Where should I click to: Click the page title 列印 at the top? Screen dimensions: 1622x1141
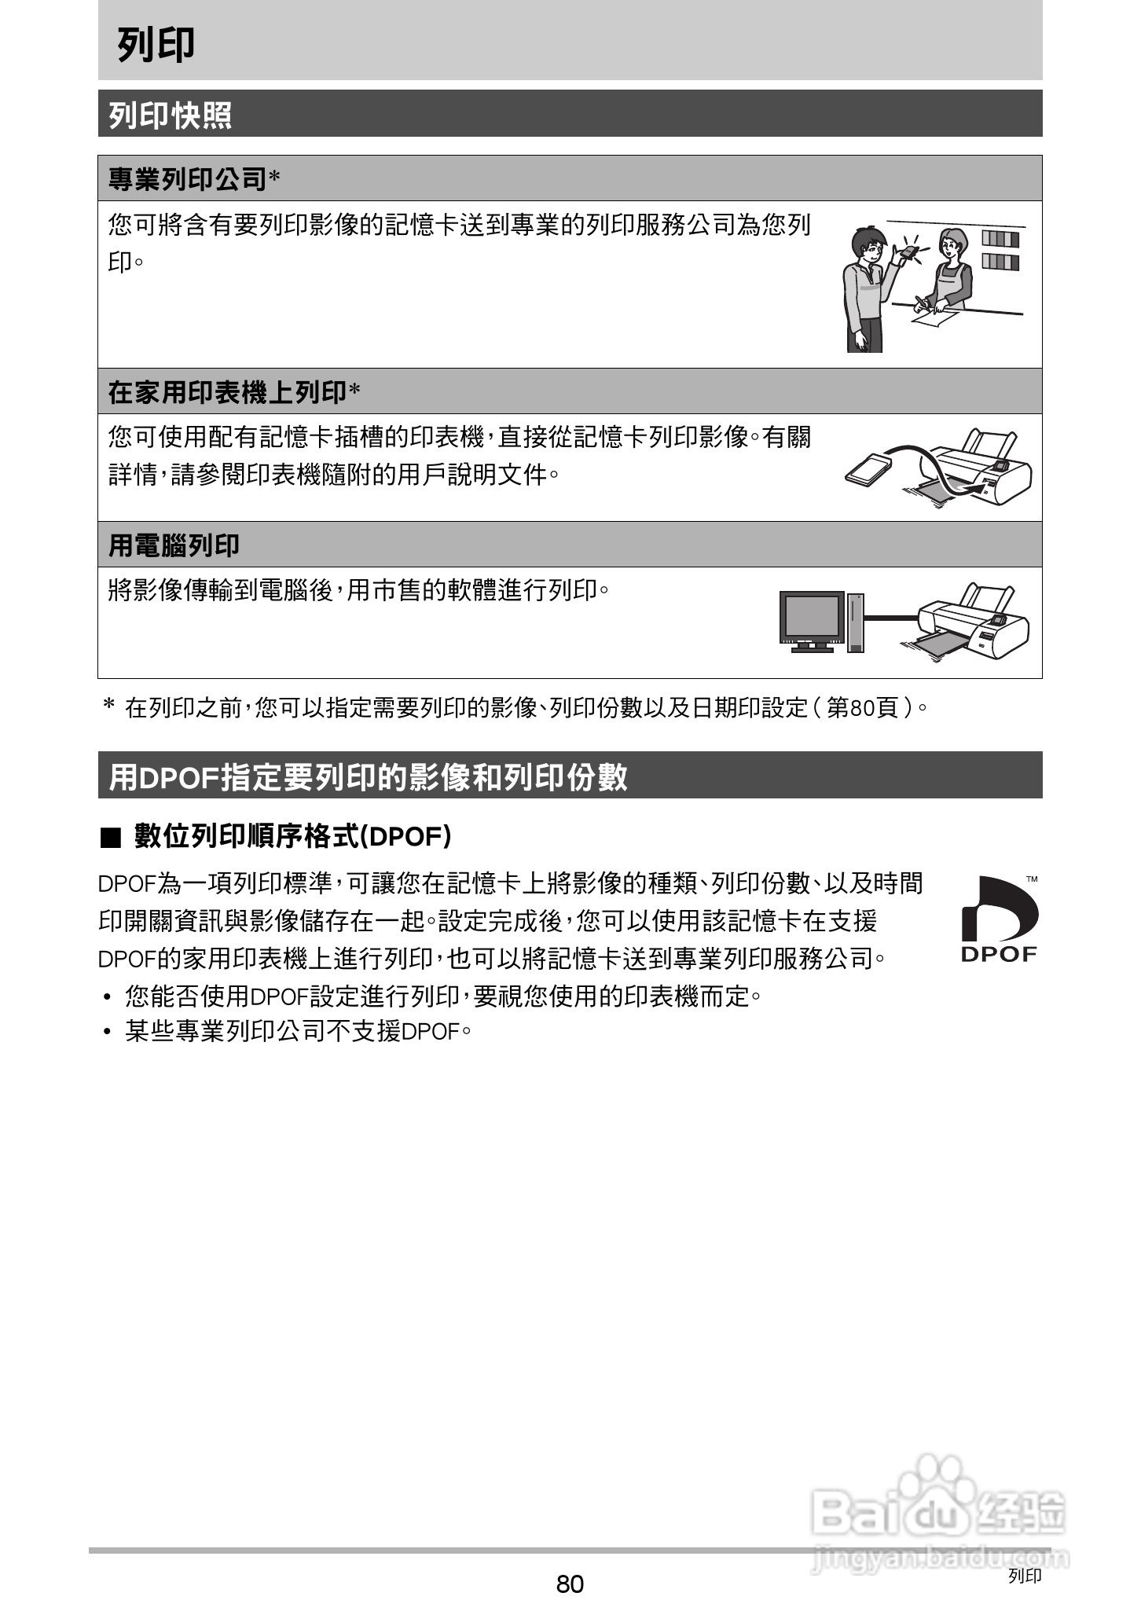click(x=156, y=45)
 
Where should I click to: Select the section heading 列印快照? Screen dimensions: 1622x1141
click(x=170, y=116)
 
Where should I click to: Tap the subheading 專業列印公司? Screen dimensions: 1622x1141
click(x=188, y=179)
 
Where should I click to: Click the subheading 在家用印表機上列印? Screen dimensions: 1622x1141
click(x=227, y=392)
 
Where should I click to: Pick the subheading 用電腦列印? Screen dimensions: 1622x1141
click(x=174, y=545)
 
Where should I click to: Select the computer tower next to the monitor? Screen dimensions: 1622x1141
click(x=856, y=622)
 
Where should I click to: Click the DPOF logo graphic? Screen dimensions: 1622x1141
click(x=999, y=919)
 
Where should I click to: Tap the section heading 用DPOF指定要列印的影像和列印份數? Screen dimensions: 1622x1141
click(x=368, y=776)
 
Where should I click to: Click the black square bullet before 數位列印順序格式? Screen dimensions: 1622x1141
click(x=111, y=838)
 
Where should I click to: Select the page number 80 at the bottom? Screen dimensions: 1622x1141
click(x=570, y=1584)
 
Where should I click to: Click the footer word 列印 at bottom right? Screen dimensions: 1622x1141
click(x=1025, y=1575)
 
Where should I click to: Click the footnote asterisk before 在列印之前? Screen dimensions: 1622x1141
click(x=109, y=705)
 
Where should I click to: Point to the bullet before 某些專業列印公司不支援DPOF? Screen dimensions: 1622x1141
click(x=107, y=1033)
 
